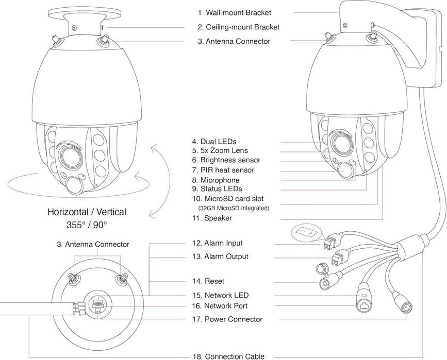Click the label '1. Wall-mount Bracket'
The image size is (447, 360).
point(234,12)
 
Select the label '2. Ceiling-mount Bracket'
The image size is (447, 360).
point(238,27)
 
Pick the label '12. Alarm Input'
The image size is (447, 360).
point(217,243)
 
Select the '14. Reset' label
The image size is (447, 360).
point(207,281)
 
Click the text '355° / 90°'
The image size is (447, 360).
point(87,225)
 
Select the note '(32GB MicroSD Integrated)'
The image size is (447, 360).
point(234,208)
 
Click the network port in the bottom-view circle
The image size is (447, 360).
point(96,305)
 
